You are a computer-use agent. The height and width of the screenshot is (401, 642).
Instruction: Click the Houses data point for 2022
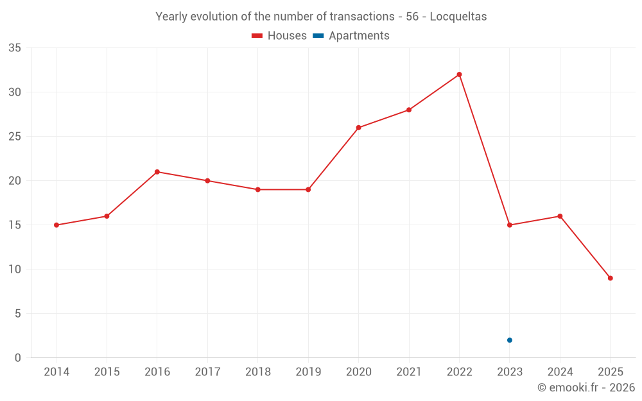[x=459, y=74]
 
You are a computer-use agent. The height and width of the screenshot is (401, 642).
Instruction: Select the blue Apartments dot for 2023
[x=510, y=340]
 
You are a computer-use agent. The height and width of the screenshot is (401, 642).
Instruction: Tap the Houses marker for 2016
[x=157, y=172]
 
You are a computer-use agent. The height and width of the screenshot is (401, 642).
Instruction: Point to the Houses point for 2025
[x=611, y=278]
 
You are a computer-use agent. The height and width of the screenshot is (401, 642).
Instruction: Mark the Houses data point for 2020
[x=358, y=128]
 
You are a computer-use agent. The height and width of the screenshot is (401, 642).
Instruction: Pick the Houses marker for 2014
[x=56, y=225]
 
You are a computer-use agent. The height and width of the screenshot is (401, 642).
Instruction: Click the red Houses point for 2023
[x=510, y=225]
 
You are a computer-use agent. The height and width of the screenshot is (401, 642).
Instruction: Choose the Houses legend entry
[x=279, y=36]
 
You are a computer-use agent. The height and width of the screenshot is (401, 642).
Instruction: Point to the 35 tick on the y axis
[x=15, y=48]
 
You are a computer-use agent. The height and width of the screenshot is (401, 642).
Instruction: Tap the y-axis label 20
[x=15, y=181]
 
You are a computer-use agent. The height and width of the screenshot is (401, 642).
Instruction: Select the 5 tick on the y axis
[x=18, y=314]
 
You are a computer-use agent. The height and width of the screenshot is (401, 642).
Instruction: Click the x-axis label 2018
[x=257, y=372]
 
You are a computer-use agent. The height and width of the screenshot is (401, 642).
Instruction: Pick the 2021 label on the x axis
[x=409, y=372]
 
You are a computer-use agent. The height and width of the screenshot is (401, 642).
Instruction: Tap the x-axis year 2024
[x=560, y=372]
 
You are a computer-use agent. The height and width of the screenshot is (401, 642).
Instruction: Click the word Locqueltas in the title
[x=458, y=17]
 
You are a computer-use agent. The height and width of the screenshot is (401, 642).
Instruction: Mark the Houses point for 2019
[x=308, y=190]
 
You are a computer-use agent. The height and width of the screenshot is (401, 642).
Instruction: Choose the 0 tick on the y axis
[x=18, y=358]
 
